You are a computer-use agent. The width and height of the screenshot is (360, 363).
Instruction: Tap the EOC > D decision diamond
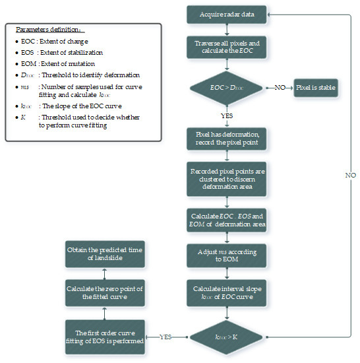226,86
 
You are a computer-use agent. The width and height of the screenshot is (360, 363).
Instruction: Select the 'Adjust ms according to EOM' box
226,257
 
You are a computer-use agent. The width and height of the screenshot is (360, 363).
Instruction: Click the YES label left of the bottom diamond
166,337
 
